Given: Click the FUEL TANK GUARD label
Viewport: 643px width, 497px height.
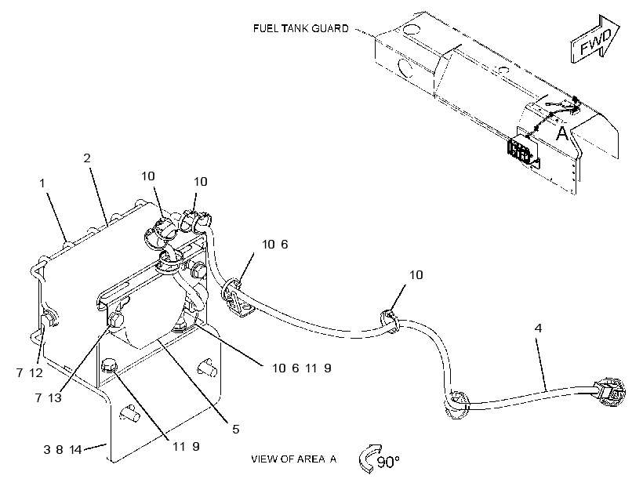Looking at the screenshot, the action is coord(300,28).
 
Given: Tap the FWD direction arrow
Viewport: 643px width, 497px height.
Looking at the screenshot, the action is coord(595,39).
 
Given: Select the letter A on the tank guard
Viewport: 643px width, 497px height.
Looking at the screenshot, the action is coord(562,132).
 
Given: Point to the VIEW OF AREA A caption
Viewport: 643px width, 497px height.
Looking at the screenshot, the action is coord(293,459).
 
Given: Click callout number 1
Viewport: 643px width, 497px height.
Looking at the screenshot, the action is coord(42,183).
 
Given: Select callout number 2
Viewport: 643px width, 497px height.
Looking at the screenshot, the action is coord(87,158).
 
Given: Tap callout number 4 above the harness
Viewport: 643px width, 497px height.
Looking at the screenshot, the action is coord(539,328).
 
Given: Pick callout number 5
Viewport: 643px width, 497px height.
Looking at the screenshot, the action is coord(236,429).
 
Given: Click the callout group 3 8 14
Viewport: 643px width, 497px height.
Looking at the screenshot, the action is coord(63,450).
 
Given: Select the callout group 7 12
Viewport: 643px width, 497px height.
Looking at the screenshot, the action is coord(30,373).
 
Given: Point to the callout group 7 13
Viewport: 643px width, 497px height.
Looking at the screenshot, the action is coord(48,397).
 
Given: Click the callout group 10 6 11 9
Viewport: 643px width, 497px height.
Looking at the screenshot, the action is coord(302,368).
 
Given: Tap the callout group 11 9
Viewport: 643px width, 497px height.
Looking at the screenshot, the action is coord(186,446).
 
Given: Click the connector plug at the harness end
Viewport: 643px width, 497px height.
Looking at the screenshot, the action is coord(611,391).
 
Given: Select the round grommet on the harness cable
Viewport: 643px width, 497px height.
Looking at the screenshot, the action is coord(457,405).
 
